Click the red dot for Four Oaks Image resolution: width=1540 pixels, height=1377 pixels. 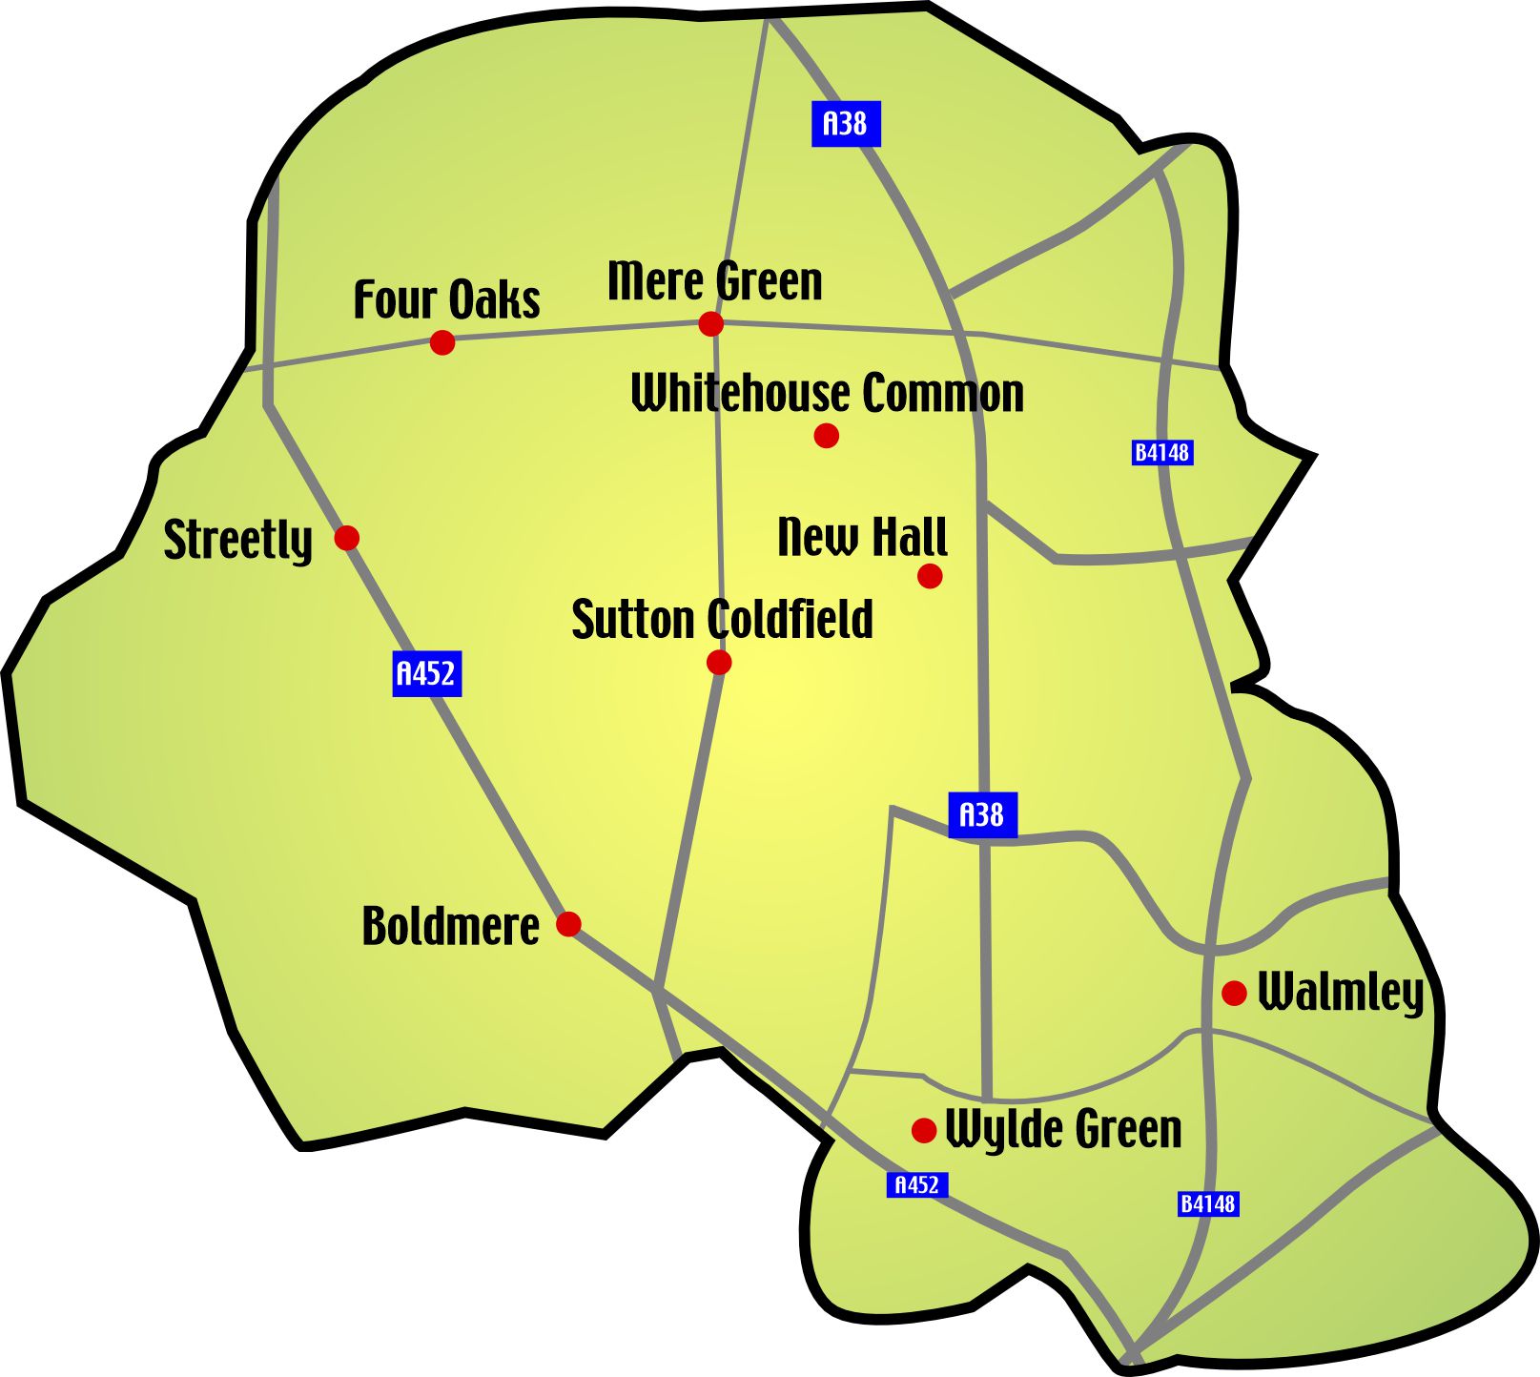[x=441, y=342]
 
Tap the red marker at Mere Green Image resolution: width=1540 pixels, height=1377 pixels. [x=710, y=324]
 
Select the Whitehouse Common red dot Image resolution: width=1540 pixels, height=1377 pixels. [x=827, y=436]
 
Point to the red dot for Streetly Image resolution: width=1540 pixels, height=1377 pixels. [x=347, y=538]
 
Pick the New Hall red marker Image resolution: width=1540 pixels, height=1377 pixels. [x=930, y=576]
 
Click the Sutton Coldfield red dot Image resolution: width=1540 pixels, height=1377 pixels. [x=719, y=662]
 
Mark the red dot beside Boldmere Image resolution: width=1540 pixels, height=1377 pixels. [x=568, y=924]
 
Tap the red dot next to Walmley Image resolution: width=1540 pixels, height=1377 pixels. [x=1235, y=994]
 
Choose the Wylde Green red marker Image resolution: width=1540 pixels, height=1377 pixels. [x=924, y=1130]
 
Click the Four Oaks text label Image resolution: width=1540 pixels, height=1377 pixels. [x=446, y=299]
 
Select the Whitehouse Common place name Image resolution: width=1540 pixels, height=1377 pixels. [x=828, y=393]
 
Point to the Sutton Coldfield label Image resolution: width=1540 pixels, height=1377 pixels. [x=722, y=620]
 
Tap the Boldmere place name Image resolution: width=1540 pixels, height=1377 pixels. [x=450, y=926]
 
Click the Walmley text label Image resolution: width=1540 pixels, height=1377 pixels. [x=1341, y=993]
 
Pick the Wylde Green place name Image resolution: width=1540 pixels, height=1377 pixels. [x=1063, y=1130]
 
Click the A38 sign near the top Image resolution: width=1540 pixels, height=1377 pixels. [x=846, y=124]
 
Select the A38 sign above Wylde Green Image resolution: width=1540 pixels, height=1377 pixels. [x=982, y=815]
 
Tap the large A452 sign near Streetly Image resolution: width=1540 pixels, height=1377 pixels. [x=427, y=673]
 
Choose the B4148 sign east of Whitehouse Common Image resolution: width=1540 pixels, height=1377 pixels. [x=1162, y=452]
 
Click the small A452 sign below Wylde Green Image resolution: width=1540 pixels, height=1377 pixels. [x=917, y=1184]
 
